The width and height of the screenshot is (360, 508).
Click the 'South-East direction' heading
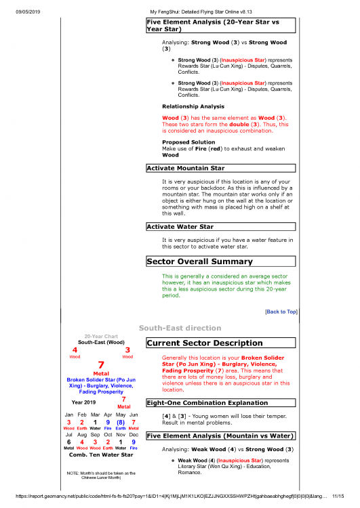pyautogui.click(x=180, y=328)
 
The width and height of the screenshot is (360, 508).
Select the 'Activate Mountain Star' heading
pyautogui.click(x=186, y=168)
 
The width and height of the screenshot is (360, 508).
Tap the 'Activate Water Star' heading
pyautogui.click(x=181, y=227)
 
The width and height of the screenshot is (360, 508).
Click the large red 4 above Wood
pyautogui.click(x=75, y=350)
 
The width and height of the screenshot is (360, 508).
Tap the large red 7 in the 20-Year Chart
pyautogui.click(x=101, y=364)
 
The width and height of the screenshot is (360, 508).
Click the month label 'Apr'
pyautogui.click(x=108, y=414)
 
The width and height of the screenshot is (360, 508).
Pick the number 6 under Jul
pyautogui.click(x=68, y=442)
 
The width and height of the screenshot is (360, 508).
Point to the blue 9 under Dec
pyautogui.click(x=134, y=442)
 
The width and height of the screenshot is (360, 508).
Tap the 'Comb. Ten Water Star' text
pyautogui.click(x=101, y=454)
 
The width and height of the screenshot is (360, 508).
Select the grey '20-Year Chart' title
pyautogui.click(x=101, y=336)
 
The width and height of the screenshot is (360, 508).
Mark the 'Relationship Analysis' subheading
pyautogui.click(x=193, y=106)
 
